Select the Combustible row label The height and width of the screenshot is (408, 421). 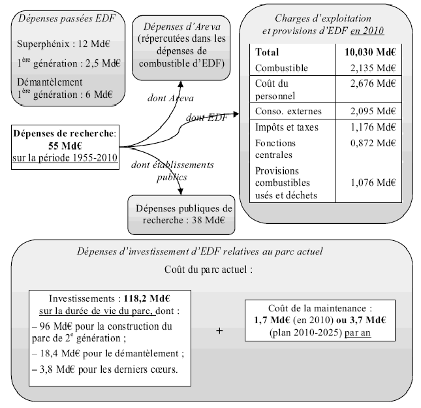(282, 67)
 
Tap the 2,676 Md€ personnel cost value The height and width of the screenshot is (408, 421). (373, 84)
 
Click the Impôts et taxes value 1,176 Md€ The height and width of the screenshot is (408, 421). (373, 127)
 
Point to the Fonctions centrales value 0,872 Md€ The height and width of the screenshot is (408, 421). (373, 142)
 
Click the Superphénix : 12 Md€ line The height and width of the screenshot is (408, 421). (63, 42)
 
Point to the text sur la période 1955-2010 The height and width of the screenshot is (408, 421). (63, 159)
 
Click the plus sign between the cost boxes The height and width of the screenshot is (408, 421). (219, 331)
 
